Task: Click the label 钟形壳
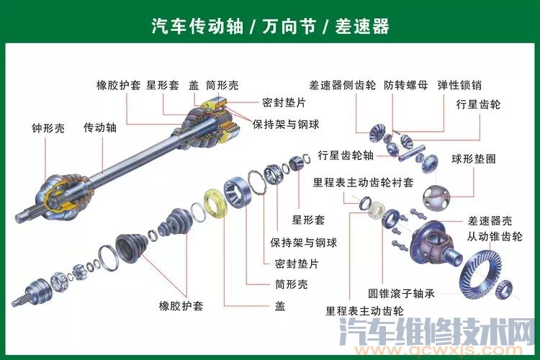[x=48, y=128]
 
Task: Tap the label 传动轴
[x=100, y=127]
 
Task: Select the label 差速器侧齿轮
[x=342, y=85]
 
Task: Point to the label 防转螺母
[x=405, y=85]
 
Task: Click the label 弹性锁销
[x=459, y=85]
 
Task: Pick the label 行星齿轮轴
[x=346, y=155]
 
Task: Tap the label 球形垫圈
[x=474, y=159]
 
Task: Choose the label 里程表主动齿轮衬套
[x=363, y=182]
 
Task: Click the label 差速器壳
[x=490, y=220]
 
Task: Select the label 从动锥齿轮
[x=495, y=236]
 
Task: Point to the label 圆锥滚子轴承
[x=401, y=293]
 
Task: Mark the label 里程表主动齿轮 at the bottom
[x=364, y=311]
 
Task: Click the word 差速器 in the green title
[x=362, y=26]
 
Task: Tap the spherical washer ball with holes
[x=436, y=198]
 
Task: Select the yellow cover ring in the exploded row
[x=216, y=204]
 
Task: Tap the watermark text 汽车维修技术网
[x=437, y=331]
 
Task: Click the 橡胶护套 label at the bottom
[x=181, y=305]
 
